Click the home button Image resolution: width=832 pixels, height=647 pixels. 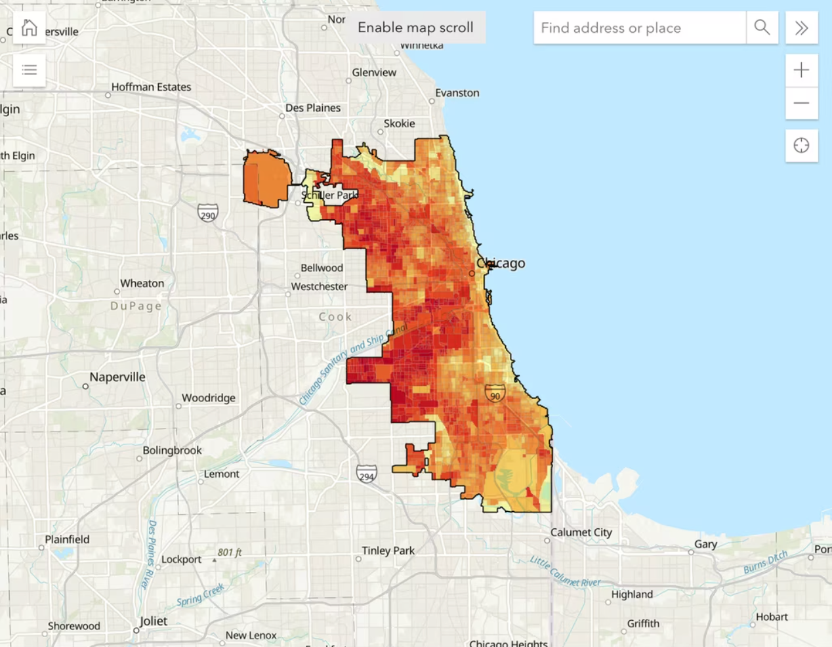[x=30, y=28]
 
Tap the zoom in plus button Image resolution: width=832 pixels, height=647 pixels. [x=801, y=70]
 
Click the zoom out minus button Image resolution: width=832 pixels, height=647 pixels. [x=801, y=104]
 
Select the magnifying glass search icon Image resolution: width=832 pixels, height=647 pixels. [x=762, y=28]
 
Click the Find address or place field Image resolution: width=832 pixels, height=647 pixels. [x=639, y=28]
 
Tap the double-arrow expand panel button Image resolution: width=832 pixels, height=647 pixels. [x=801, y=28]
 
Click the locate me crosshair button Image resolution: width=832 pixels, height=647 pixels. [x=801, y=146]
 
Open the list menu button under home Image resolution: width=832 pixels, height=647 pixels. [x=30, y=70]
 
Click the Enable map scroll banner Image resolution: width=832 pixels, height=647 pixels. [x=415, y=28]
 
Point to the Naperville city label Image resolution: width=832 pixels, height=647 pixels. [x=117, y=377]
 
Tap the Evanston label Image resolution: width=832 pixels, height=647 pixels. [x=457, y=93]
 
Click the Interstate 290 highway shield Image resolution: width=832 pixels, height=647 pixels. [x=208, y=213]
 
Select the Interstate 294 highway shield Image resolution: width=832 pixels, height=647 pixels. [x=367, y=474]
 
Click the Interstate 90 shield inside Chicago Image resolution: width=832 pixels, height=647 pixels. [x=495, y=394]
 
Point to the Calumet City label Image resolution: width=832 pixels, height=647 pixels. [x=581, y=532]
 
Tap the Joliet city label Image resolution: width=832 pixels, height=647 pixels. [x=153, y=621]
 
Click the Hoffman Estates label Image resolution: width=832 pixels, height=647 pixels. [x=151, y=87]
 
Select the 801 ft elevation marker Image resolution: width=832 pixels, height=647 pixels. [x=230, y=553]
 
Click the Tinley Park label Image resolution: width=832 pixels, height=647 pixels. [x=388, y=551]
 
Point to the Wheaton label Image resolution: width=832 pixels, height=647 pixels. [x=142, y=283]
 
